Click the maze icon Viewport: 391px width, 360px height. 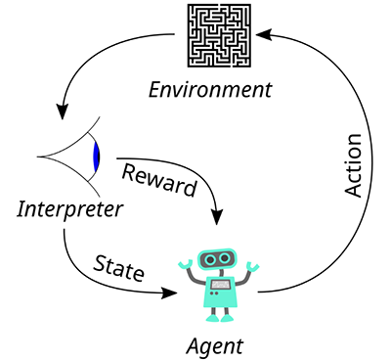[219, 35]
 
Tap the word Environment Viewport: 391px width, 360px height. [210, 90]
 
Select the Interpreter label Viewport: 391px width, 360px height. [70, 209]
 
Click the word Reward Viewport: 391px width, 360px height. [159, 180]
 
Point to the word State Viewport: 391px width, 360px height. [118, 268]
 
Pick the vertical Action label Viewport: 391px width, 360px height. [353, 165]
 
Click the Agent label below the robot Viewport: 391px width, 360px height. [215, 347]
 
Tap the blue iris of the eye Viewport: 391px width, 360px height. [96, 157]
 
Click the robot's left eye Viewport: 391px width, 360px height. [210, 260]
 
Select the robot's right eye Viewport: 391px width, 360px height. [224, 258]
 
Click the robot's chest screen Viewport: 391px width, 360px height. [220, 285]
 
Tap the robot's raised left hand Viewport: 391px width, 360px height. [186, 264]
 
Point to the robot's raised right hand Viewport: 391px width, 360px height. [253, 266]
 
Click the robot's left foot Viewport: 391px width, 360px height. [211, 318]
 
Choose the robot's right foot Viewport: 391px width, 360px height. [228, 318]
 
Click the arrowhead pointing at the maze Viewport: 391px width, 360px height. [264, 34]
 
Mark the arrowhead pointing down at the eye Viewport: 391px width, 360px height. [62, 112]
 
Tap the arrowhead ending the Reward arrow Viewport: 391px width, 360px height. [217, 216]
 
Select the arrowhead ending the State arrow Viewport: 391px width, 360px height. [169, 293]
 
